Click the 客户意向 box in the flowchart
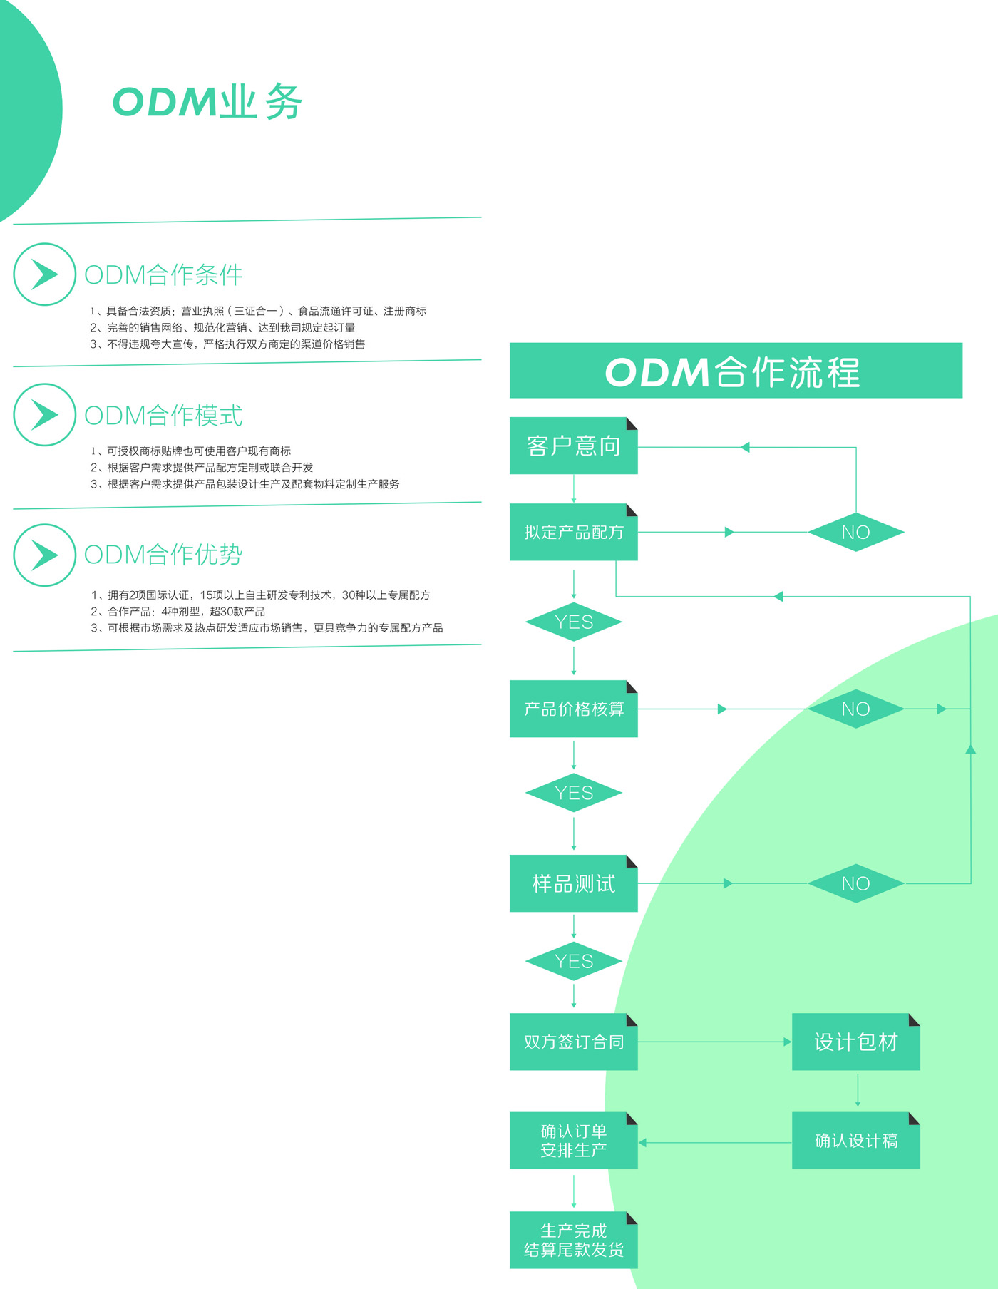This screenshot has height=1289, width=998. tap(573, 446)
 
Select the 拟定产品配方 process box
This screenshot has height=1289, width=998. tap(573, 532)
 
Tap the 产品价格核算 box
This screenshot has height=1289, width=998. tap(573, 709)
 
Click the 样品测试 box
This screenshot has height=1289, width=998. tap(573, 883)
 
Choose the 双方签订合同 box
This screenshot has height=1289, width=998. tap(573, 1042)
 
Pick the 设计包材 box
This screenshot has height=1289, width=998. tap(855, 1042)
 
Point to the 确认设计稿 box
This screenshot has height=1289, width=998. tap(855, 1141)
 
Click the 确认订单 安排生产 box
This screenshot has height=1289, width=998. tap(573, 1141)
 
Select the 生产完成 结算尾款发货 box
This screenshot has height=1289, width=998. tap(573, 1241)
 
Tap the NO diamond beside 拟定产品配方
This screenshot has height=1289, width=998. tap(855, 532)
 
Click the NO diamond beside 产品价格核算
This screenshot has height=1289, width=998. tap(855, 709)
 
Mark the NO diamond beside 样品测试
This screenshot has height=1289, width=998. tap(855, 883)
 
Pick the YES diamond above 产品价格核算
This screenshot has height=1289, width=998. tap(573, 622)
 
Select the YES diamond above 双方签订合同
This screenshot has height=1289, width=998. tap(573, 961)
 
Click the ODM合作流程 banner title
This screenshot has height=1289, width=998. tap(735, 371)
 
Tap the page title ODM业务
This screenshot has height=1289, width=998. tap(207, 102)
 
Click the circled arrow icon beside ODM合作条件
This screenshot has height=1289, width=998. tap(44, 274)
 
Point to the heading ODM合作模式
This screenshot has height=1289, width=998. tap(163, 415)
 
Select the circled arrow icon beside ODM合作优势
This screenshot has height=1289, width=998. tap(44, 555)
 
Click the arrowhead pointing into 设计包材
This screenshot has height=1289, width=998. tap(787, 1042)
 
